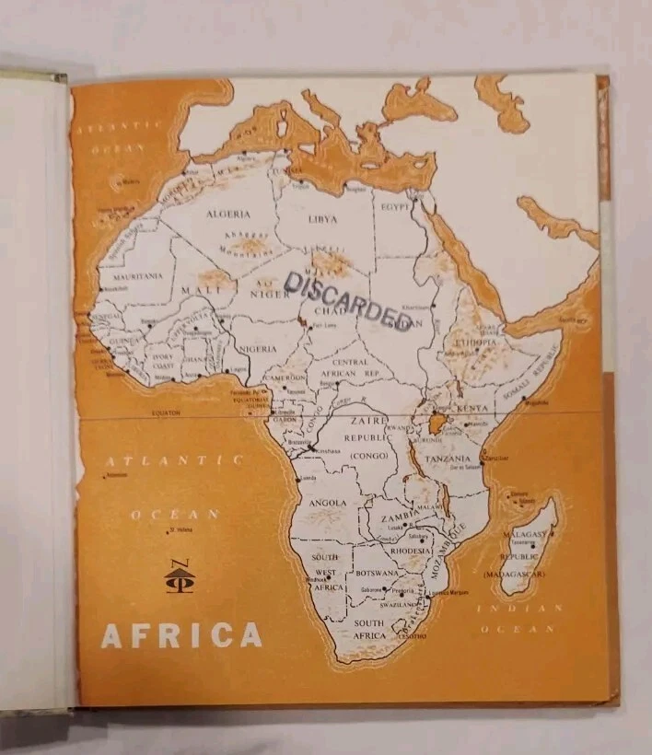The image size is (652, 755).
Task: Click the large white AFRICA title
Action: [181, 635]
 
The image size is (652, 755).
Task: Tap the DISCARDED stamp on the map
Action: [348, 299]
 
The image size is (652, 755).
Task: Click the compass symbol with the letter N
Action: [179, 577]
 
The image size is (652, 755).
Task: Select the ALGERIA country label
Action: [227, 214]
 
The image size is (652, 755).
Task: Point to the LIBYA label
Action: [323, 219]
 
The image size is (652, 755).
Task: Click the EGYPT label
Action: [395, 206]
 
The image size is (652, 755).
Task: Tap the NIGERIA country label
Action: [257, 349]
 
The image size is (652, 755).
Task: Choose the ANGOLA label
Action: [328, 503]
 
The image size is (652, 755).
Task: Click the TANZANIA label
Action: [448, 459]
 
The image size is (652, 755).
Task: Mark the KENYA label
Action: [473, 408]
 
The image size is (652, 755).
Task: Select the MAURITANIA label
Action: [137, 275]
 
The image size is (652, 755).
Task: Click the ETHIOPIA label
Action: [474, 343]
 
